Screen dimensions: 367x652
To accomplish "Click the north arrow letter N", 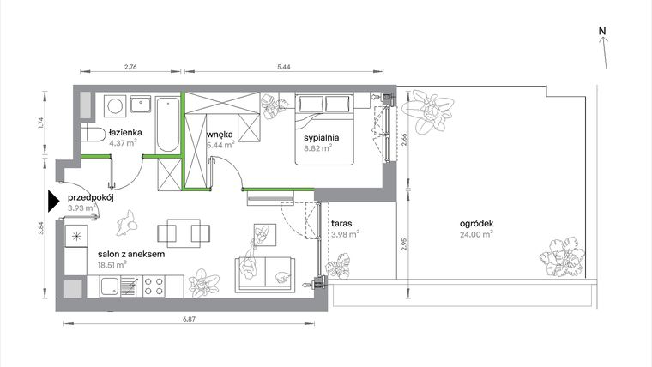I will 603,32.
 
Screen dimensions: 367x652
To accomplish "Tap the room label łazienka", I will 125,133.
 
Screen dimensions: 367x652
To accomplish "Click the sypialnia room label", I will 323,137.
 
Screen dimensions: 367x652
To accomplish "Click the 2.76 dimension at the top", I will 130,66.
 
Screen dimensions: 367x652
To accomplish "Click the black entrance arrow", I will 54,202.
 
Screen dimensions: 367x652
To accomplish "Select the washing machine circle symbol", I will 112,105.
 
